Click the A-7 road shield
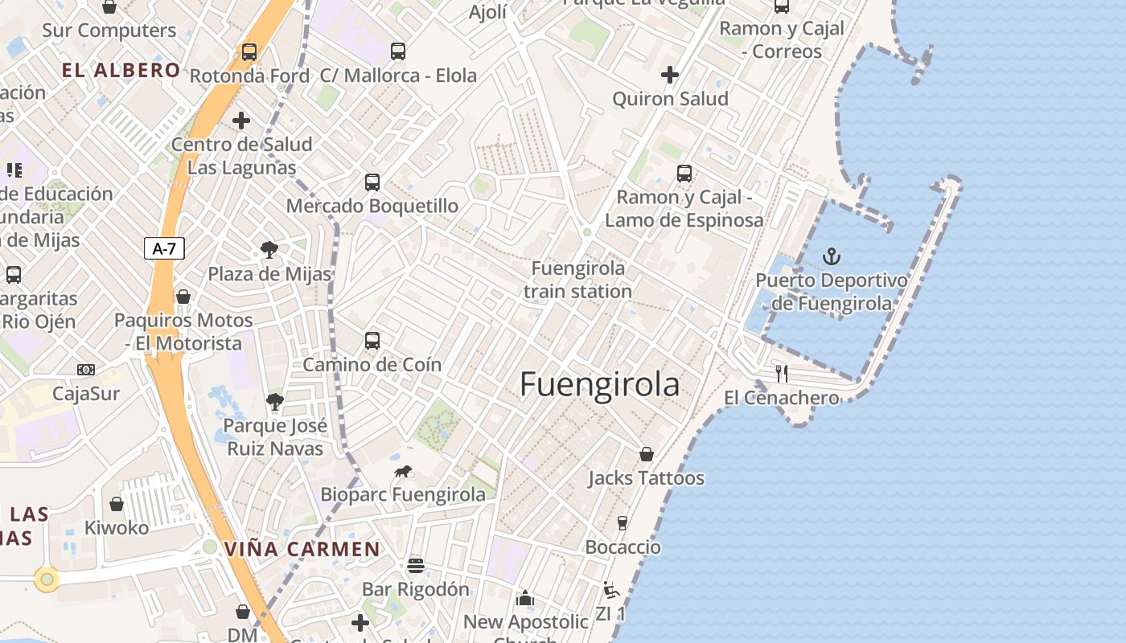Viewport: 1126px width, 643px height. (164, 248)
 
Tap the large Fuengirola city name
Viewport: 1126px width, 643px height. (599, 384)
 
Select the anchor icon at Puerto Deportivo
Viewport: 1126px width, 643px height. (832, 256)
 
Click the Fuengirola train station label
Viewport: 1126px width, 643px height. (577, 280)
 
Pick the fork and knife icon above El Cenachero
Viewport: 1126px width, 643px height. (781, 373)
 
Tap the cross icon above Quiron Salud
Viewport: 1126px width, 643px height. (669, 75)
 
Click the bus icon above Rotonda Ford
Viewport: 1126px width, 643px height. (249, 52)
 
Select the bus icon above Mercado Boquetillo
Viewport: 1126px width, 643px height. (372, 182)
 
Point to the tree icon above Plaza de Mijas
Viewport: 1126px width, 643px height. (269, 250)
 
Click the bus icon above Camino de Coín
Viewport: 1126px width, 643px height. (372, 340)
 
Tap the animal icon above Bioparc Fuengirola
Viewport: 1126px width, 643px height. (403, 471)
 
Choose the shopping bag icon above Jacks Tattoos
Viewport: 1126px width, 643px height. (646, 454)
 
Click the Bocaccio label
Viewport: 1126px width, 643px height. (623, 547)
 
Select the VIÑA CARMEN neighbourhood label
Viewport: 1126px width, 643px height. (302, 550)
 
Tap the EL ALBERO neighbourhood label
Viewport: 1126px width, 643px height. (121, 70)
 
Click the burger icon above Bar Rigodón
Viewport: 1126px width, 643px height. (415, 565)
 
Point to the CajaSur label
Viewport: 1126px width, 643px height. (86, 394)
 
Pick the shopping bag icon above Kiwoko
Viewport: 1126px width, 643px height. (117, 504)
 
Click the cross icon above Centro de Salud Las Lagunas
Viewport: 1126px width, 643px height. (241, 121)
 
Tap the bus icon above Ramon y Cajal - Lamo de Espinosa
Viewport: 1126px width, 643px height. (684, 173)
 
